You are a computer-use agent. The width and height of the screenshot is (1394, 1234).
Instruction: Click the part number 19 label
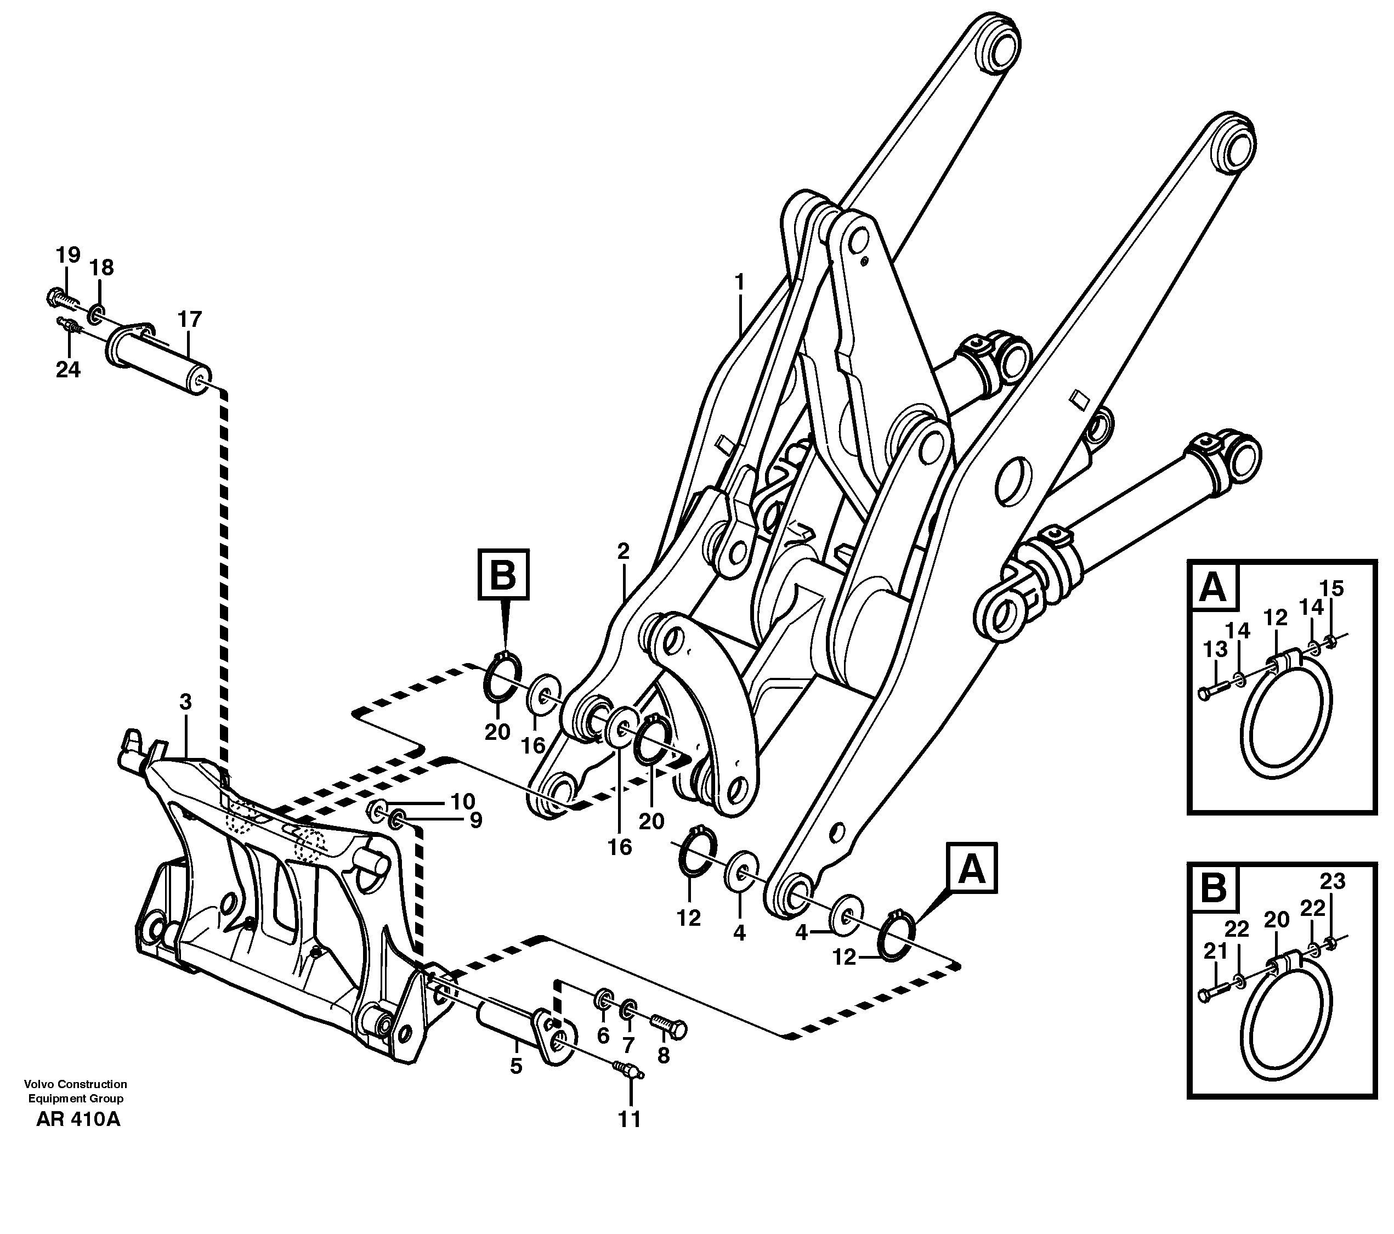click(x=67, y=255)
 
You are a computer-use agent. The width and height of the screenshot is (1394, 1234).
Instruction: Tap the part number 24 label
click(x=67, y=370)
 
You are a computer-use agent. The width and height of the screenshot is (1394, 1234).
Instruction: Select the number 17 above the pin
click(x=190, y=319)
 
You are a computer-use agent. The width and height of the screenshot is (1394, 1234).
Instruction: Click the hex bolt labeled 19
click(x=58, y=297)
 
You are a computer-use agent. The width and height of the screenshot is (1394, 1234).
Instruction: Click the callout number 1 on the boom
click(x=740, y=282)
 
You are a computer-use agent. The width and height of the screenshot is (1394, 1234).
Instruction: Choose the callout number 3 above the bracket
click(x=185, y=701)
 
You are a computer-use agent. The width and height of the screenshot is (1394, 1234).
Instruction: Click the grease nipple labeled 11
click(x=627, y=1069)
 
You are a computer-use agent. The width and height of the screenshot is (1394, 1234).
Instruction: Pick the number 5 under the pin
click(x=515, y=1066)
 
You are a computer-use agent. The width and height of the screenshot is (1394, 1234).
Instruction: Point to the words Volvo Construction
click(x=75, y=1084)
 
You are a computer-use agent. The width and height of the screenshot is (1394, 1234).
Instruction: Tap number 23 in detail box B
click(x=1332, y=881)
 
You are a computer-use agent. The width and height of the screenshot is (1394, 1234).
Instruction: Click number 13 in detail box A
click(x=1215, y=649)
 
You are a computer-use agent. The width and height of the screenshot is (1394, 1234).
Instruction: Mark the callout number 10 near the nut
click(x=462, y=800)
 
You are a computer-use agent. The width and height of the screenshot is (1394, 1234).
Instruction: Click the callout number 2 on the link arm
click(x=622, y=551)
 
